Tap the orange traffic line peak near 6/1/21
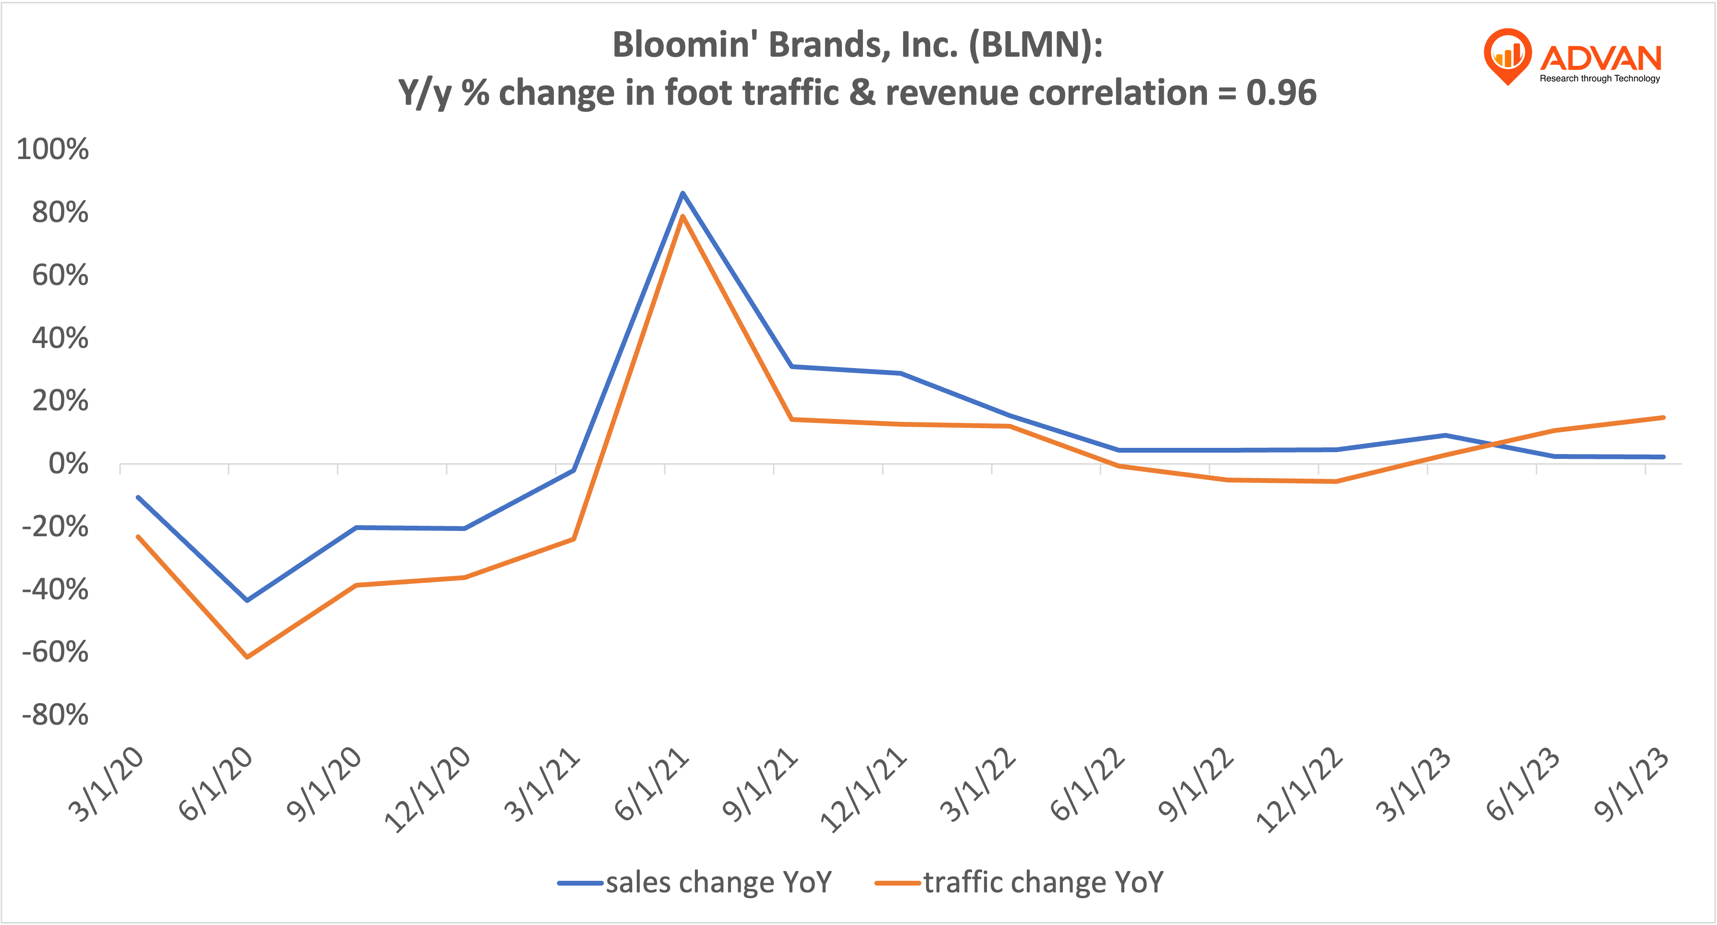(682, 217)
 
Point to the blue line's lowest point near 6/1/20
(247, 600)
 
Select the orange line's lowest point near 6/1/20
(247, 657)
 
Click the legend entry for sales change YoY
(695, 882)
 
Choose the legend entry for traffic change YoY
(1019, 882)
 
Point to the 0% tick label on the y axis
(68, 464)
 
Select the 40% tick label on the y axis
(60, 338)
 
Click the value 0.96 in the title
(1281, 92)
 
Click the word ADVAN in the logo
(1600, 59)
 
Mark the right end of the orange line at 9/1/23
(1663, 418)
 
